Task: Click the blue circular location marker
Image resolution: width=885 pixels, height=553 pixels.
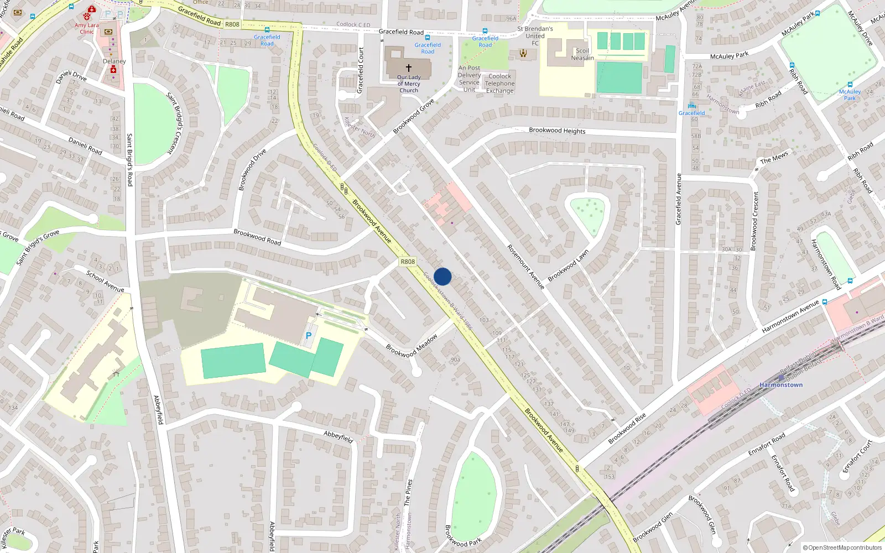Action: click(x=442, y=276)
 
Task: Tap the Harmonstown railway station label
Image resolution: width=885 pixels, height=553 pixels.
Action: click(x=780, y=385)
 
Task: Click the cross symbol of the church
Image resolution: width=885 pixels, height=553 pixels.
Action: click(x=409, y=67)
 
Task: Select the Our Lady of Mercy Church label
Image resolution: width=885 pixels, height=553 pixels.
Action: click(x=409, y=84)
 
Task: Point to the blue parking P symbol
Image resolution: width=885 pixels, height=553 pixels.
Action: click(x=309, y=336)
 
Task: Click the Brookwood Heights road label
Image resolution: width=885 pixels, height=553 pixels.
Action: click(x=557, y=131)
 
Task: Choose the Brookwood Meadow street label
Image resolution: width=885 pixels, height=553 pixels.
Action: click(x=412, y=346)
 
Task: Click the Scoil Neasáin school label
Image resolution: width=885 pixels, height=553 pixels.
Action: click(x=582, y=54)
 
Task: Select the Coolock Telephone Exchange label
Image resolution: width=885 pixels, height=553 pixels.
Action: click(x=500, y=84)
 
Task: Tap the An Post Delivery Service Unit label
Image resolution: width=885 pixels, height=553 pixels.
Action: click(x=469, y=79)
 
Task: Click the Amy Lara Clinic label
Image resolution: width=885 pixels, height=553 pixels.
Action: click(x=87, y=28)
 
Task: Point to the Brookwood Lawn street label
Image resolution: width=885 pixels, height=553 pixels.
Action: click(x=568, y=265)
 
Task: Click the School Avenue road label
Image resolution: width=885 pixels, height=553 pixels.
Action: click(x=105, y=281)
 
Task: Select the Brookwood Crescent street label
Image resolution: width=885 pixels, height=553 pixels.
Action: click(x=754, y=221)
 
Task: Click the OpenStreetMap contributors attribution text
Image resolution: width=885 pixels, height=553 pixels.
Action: click(x=842, y=547)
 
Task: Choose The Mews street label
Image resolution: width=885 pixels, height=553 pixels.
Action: click(x=774, y=158)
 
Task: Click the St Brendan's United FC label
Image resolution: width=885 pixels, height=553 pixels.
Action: click(x=535, y=36)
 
